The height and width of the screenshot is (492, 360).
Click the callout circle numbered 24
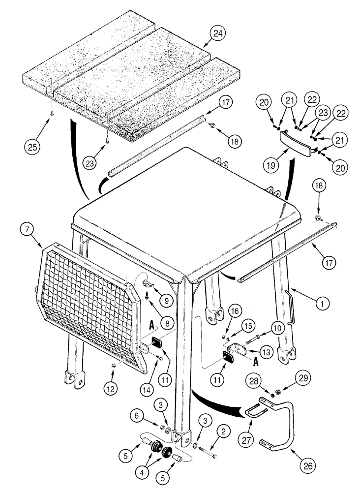[x=218, y=34]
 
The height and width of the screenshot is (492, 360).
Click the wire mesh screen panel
[x=86, y=315]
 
